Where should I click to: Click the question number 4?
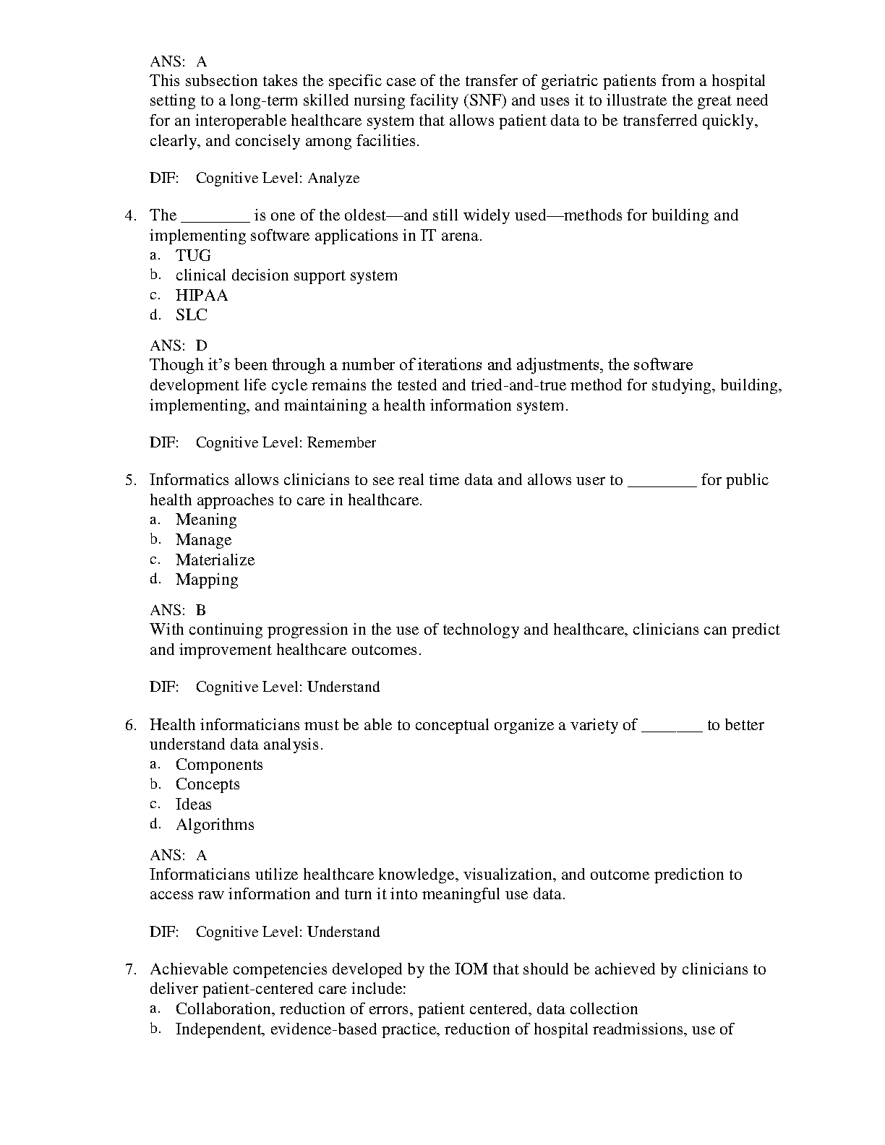pos(130,215)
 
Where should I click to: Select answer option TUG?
pos(193,255)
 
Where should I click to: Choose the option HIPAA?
pos(201,295)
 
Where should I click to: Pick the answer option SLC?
pos(191,315)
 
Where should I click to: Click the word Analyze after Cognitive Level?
pos(333,178)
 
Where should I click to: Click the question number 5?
pos(130,480)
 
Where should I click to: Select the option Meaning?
pos(206,520)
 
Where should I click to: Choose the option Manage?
pos(203,540)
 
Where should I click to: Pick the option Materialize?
pos(215,559)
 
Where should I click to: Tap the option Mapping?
pos(207,580)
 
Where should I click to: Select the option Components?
pos(219,765)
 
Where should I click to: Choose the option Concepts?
pos(208,784)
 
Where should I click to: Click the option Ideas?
pos(193,805)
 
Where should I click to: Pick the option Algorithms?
pos(215,825)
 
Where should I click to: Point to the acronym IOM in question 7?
pos(471,969)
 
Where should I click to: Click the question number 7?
pos(130,969)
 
